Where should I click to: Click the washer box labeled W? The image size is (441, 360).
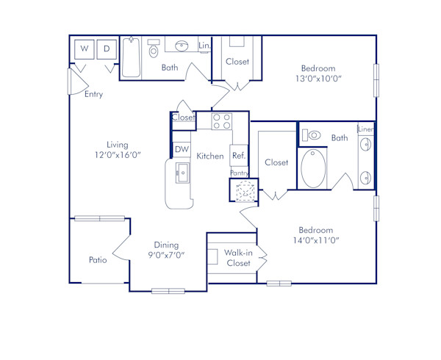(85, 49)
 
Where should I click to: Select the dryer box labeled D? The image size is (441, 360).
(107, 49)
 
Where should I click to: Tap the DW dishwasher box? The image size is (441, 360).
(182, 150)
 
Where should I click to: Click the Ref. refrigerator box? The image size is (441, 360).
(239, 156)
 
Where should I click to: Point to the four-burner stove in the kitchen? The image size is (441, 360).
(222, 120)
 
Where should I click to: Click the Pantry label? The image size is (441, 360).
(240, 173)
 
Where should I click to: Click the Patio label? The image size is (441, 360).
(98, 259)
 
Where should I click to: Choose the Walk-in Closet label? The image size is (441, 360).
(238, 257)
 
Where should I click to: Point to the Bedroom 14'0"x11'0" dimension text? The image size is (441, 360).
(318, 234)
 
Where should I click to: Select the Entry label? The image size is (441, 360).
(93, 94)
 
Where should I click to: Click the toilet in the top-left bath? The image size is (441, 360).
(154, 51)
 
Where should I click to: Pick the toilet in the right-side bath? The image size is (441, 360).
(312, 135)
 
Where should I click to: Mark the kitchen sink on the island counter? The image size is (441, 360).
(181, 174)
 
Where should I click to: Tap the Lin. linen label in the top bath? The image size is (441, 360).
(205, 46)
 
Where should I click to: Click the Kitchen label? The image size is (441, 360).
(209, 156)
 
